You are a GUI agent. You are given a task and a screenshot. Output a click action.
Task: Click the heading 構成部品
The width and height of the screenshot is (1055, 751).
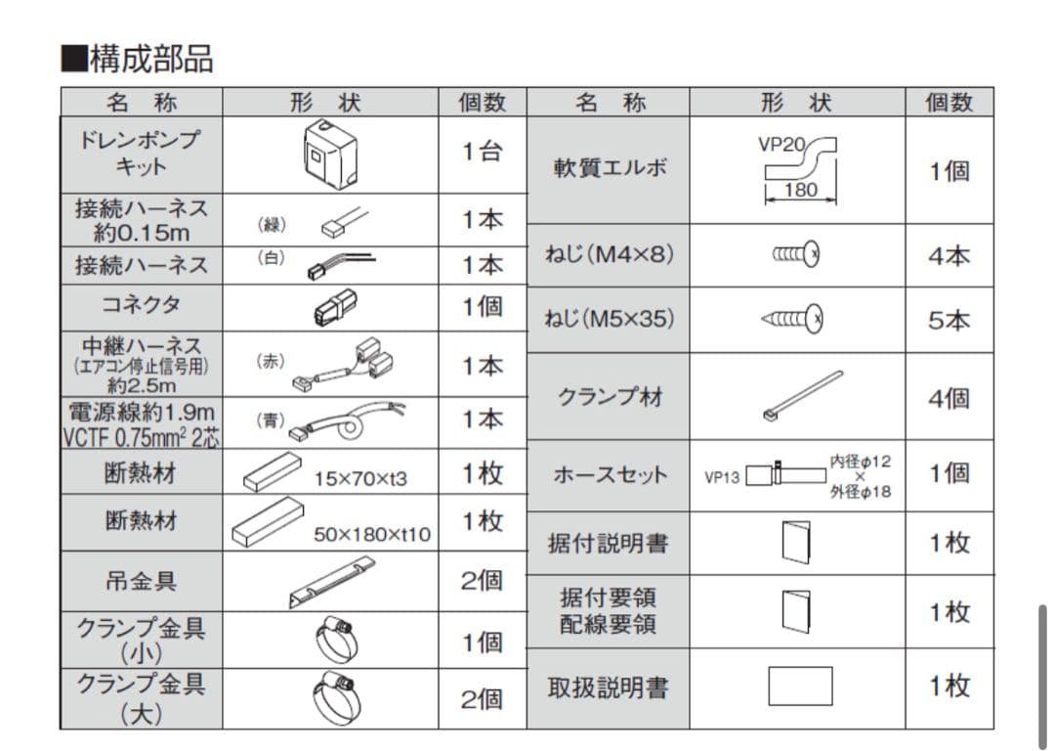(x=138, y=59)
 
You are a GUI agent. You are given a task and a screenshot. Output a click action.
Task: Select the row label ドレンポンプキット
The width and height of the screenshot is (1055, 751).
(x=142, y=153)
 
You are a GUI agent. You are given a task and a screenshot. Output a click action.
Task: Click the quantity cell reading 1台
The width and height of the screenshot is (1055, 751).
(x=483, y=153)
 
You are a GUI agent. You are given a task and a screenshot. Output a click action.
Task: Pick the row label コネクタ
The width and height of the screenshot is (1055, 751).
(x=142, y=305)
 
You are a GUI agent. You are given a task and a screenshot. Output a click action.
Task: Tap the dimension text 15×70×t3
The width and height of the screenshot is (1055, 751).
(x=360, y=478)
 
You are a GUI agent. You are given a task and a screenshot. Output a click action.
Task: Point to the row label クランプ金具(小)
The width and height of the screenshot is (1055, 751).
(x=142, y=641)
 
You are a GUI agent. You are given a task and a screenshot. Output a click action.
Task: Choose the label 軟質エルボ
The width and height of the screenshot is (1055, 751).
(x=611, y=167)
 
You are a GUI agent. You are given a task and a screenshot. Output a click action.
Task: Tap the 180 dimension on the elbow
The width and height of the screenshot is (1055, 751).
(x=800, y=191)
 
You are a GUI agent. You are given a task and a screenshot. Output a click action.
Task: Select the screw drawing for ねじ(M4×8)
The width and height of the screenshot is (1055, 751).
(x=795, y=255)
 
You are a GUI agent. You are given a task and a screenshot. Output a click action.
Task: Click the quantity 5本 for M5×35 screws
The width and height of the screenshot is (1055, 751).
(x=949, y=320)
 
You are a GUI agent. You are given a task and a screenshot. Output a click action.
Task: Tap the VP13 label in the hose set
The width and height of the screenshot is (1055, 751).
(x=722, y=478)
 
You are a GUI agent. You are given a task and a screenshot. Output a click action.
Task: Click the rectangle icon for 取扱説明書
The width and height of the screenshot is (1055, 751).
(x=800, y=685)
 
